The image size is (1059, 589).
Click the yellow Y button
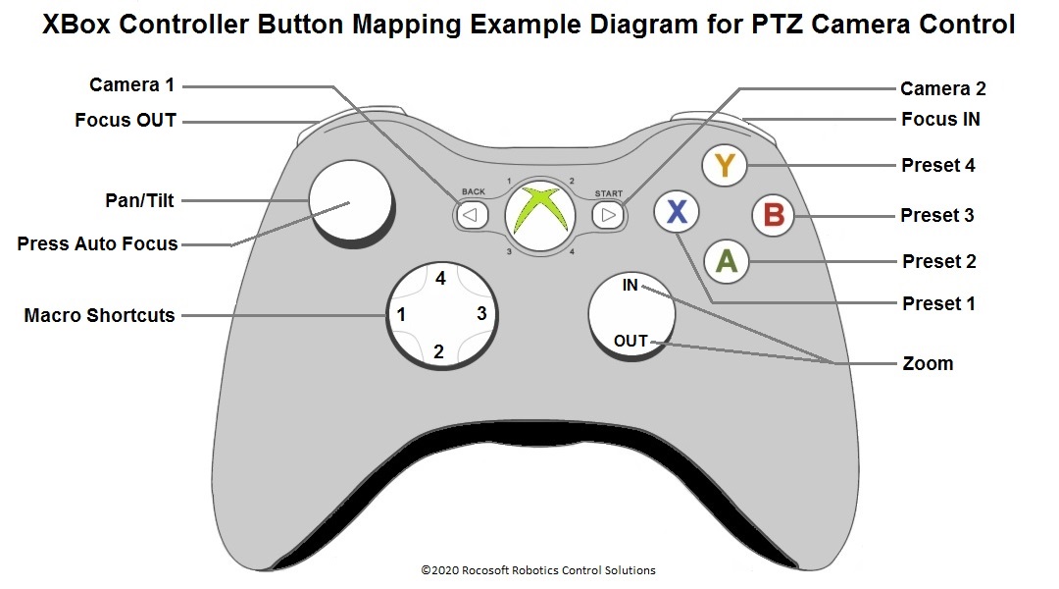[x=725, y=166]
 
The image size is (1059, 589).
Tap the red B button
[x=774, y=214]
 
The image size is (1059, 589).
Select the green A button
[x=727, y=261]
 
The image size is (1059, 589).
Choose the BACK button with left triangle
[x=472, y=214]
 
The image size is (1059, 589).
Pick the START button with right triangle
[x=608, y=214]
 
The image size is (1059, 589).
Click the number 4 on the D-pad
[x=440, y=279]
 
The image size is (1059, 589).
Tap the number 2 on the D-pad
[x=439, y=351]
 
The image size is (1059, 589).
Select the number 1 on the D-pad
[x=401, y=315]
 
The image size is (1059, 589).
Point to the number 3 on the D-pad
[x=480, y=314]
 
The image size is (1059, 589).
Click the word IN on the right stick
[x=630, y=286]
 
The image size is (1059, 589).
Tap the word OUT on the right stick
[x=630, y=341]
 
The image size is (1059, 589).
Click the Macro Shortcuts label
[x=99, y=315]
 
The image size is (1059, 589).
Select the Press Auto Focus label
[x=97, y=243]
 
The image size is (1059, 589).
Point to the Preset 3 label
[x=937, y=215]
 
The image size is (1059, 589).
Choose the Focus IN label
[x=940, y=120]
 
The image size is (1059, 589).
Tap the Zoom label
[x=928, y=363]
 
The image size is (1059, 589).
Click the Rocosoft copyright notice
[x=538, y=570]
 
